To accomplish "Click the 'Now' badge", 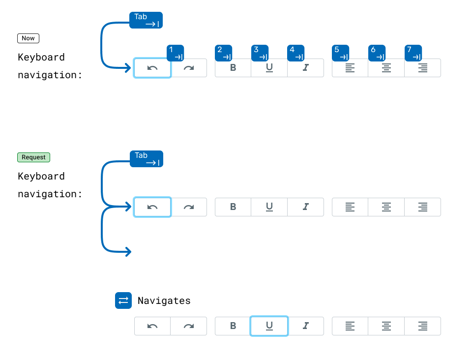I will click(x=28, y=38).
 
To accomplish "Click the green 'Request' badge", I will click(x=33, y=157).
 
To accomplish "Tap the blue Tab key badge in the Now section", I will click(x=146, y=20).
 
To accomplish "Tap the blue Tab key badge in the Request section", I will click(x=147, y=159).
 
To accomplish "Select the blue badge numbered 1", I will click(x=176, y=53).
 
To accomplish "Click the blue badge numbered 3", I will click(x=260, y=53).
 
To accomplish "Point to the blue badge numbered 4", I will click(x=296, y=53).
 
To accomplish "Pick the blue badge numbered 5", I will click(x=340, y=53).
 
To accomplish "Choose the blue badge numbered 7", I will click(x=413, y=53).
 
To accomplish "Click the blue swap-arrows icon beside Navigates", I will click(x=123, y=300).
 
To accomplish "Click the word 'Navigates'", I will click(x=164, y=300).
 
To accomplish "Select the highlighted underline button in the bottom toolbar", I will click(x=269, y=326).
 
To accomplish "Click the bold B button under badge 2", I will click(x=233, y=68).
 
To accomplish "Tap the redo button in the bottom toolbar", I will click(x=189, y=326).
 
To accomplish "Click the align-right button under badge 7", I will click(x=422, y=68).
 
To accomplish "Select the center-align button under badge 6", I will click(x=386, y=68).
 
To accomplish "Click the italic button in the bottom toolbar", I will click(x=305, y=326).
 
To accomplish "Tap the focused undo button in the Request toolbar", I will click(x=152, y=207).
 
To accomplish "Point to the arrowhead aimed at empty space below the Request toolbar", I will click(x=128, y=252).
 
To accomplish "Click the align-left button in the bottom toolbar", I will click(x=350, y=326).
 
